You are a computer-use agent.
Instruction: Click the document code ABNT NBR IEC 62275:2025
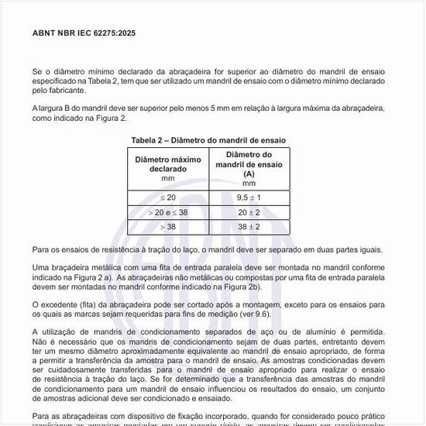click(81, 34)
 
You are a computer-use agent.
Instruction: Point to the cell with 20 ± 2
click(249, 211)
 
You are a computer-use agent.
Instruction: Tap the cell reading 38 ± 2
click(249, 226)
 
